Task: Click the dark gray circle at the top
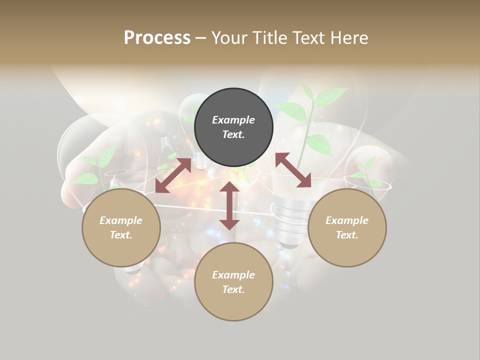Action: [x=233, y=127]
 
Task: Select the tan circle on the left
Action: [x=121, y=227]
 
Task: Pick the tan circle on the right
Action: [x=347, y=227]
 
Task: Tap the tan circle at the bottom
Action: [x=233, y=281]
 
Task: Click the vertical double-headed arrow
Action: [x=229, y=205]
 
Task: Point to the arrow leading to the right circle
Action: [x=293, y=170]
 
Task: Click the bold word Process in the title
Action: [x=157, y=37]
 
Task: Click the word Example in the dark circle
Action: [x=233, y=120]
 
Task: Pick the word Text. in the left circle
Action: [x=121, y=235]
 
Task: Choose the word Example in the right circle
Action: [x=347, y=220]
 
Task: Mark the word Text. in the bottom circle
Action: [x=233, y=289]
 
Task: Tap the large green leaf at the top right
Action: [x=331, y=96]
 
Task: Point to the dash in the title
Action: [x=200, y=37]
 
